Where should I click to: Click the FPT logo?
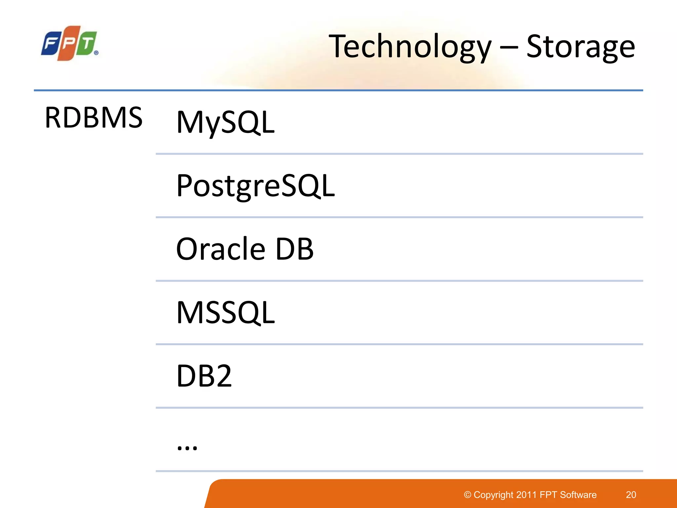(69, 43)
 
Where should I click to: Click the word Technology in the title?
(410, 47)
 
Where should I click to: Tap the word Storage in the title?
(580, 47)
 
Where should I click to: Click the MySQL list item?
(225, 122)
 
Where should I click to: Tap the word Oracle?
(220, 249)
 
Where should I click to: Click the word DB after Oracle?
(294, 249)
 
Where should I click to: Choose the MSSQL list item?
(225, 313)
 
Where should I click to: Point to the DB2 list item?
(204, 376)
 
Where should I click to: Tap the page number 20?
(631, 495)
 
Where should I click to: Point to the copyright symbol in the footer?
(467, 495)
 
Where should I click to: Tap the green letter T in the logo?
(87, 43)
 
